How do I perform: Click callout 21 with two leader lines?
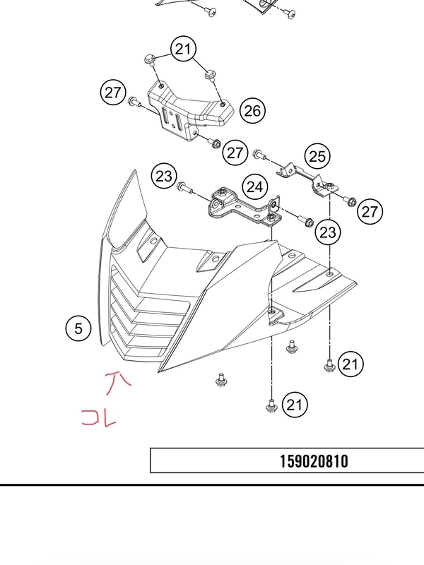pyautogui.click(x=184, y=49)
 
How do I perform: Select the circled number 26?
pyautogui.click(x=252, y=111)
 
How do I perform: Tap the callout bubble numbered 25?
pyautogui.click(x=317, y=156)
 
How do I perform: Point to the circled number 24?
pyautogui.click(x=255, y=186)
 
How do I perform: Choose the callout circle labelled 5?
pyautogui.click(x=78, y=328)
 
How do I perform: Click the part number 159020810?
pyautogui.click(x=314, y=461)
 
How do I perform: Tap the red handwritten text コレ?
pyautogui.click(x=99, y=418)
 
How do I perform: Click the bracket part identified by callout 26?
pyautogui.click(x=189, y=110)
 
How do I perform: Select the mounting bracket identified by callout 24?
pyautogui.click(x=245, y=209)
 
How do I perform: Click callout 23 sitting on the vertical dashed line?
pyautogui.click(x=327, y=232)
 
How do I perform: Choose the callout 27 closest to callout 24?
pyautogui.click(x=235, y=153)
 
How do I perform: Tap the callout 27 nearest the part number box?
pyautogui.click(x=370, y=211)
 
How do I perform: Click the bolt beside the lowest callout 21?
pyautogui.click(x=271, y=405)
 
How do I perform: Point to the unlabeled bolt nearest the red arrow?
pyautogui.click(x=220, y=380)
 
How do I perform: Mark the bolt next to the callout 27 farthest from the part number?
pyautogui.click(x=134, y=102)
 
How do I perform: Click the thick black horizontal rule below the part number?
pyautogui.click(x=212, y=485)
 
